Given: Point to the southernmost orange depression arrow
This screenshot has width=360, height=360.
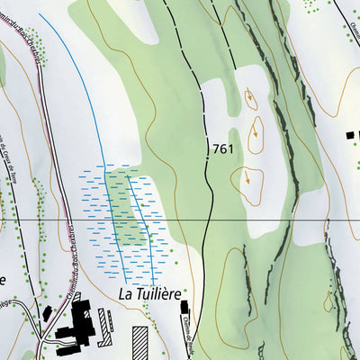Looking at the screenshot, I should click(247, 178).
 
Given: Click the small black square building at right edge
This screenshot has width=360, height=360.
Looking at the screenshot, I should click(351, 135).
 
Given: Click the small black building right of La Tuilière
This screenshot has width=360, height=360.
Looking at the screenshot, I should click(185, 309).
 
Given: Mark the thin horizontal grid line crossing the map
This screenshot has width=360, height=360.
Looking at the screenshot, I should click(270, 220).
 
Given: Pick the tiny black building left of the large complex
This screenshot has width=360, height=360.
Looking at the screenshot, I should click(47, 312).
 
